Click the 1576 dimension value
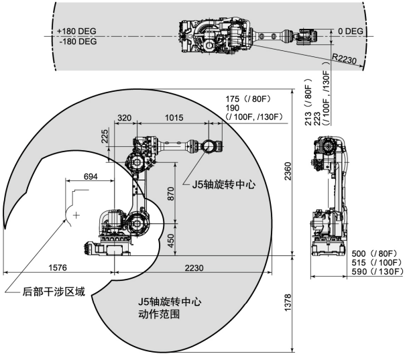coord(58,267)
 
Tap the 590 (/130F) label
coord(378,272)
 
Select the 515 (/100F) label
coord(378,263)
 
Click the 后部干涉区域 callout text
coord(54,292)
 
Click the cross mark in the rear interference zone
coord(77,215)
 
